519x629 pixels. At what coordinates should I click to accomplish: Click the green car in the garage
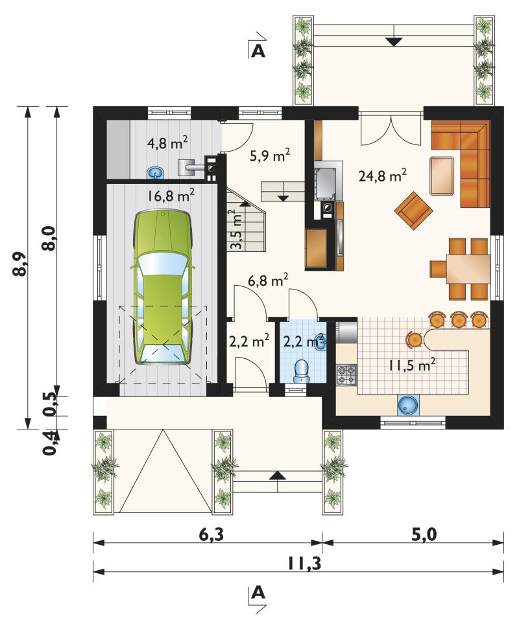coord(163,287)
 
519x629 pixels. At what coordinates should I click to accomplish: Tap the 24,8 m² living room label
coord(382,175)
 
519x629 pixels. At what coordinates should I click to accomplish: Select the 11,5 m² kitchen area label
coord(412,365)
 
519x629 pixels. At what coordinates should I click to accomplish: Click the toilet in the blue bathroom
coord(301,371)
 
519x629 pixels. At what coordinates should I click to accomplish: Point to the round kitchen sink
coord(409,404)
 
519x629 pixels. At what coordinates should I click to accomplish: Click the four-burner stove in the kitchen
coord(346,375)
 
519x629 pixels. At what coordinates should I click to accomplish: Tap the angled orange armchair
coord(413,210)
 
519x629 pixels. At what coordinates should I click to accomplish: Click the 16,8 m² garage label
coord(171,196)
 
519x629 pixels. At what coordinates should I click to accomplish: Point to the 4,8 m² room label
coord(167,143)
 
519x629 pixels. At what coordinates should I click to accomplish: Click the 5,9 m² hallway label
coord(270,155)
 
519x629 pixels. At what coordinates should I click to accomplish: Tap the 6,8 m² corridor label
coord(268,280)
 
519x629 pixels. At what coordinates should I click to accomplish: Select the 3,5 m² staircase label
coord(237,229)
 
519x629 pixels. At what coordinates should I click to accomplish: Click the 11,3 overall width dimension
coord(304,563)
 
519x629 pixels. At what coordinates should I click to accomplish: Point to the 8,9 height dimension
coord(20,264)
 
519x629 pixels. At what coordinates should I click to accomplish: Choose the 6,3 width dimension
coord(211,534)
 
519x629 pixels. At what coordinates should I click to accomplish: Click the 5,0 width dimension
coord(424,534)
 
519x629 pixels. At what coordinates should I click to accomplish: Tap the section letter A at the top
coord(258,51)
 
